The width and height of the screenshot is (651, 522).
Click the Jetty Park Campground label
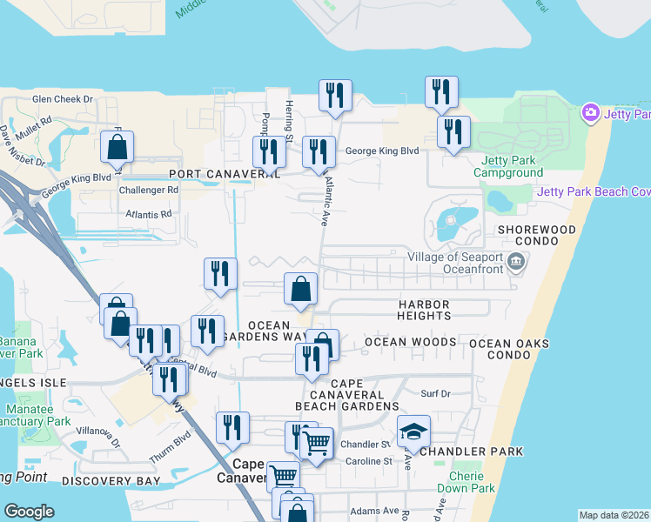(x=507, y=166)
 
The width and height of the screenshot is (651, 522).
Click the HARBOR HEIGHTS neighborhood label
(x=424, y=310)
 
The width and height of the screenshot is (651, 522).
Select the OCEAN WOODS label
(x=410, y=342)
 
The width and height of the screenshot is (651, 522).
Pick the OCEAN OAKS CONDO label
(x=509, y=349)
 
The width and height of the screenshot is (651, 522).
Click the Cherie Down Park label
(x=473, y=481)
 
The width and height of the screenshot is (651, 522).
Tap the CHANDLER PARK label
(x=471, y=452)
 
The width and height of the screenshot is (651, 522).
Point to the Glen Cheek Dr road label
(x=63, y=99)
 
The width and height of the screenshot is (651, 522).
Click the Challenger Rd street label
(x=148, y=190)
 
